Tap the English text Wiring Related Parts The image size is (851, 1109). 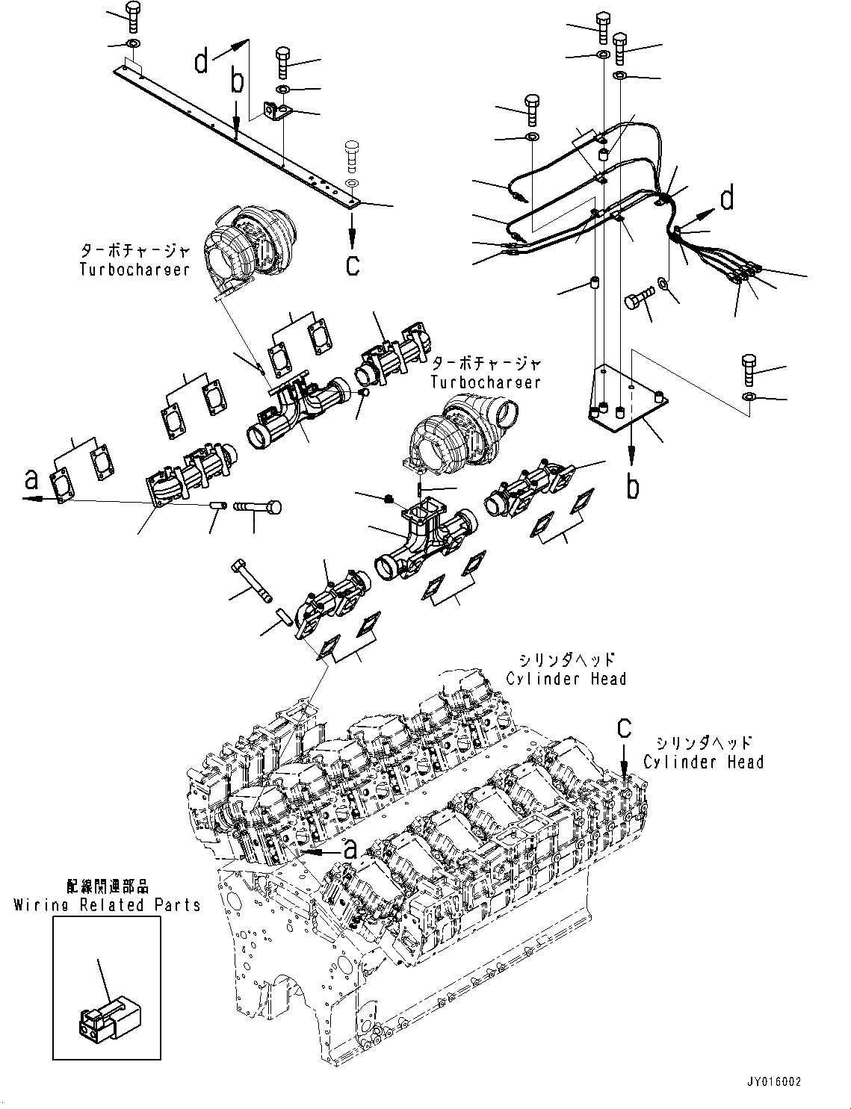coord(107,904)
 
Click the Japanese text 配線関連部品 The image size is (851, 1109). coord(108,886)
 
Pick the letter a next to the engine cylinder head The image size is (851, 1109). coord(348,846)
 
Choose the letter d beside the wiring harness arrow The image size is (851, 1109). coord(726,199)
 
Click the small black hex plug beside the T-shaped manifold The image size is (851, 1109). coord(387,499)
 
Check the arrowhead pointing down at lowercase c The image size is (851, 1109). coord(351,241)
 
